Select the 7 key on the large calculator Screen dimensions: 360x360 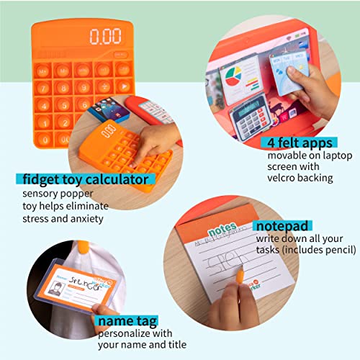[42, 87]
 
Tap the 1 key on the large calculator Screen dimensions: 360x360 [45, 122]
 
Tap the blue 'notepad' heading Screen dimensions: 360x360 [280, 226]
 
